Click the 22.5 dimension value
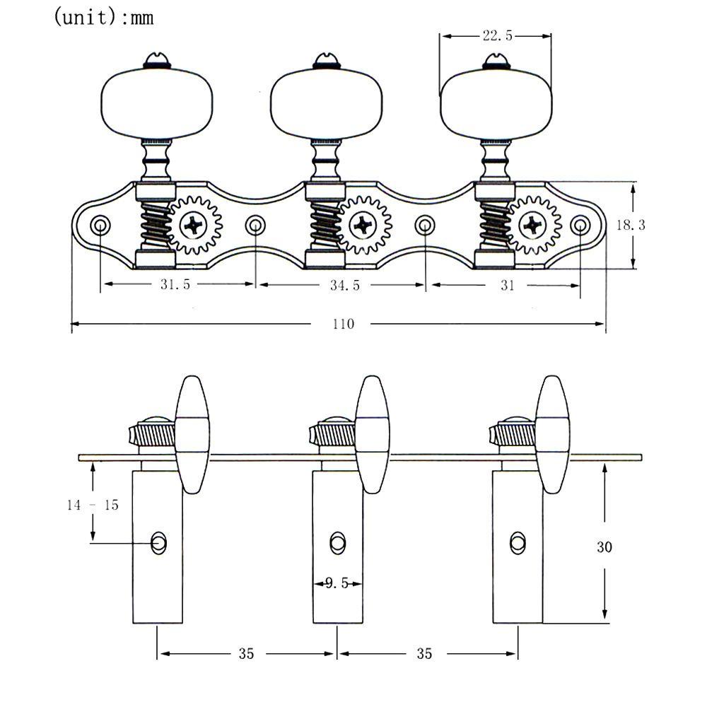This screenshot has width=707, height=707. [497, 35]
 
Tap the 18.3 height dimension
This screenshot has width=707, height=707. [631, 225]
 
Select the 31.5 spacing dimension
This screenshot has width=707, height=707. [175, 284]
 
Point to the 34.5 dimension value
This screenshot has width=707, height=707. [345, 285]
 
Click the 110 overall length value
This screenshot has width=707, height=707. [343, 324]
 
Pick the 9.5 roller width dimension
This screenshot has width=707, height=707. [337, 583]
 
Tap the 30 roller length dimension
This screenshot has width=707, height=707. [604, 547]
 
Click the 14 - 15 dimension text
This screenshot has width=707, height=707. [93, 505]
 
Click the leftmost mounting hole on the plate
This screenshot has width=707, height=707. [100, 225]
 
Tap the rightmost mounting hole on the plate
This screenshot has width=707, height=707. [580, 225]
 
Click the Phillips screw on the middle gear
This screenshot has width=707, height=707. [363, 225]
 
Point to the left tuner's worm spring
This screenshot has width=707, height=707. [155, 224]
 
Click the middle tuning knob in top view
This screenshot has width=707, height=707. [326, 104]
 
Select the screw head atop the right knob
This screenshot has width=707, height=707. [496, 61]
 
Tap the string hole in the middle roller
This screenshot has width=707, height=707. [337, 543]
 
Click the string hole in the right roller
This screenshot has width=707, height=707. [518, 543]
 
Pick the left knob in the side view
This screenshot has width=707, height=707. [192, 435]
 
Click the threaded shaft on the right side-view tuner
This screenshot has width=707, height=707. [513, 435]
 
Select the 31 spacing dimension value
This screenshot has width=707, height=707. [508, 285]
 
